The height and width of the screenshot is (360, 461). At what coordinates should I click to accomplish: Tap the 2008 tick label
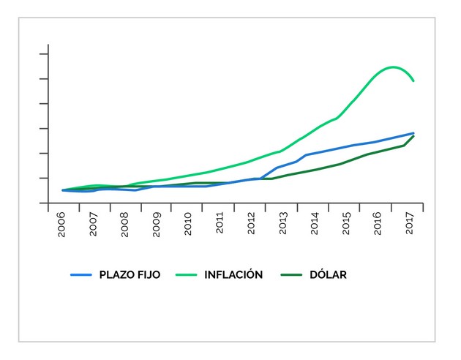pos(126,224)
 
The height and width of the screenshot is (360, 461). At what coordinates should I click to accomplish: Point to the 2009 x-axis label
pos(157,224)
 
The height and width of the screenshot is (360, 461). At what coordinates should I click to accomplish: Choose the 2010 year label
pos(189,224)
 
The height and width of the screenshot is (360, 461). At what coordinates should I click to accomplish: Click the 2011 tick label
pos(220,224)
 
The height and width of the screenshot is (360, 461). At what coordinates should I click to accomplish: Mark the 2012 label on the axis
pos(252,224)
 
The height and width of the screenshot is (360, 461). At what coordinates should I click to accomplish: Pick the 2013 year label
pos(283,224)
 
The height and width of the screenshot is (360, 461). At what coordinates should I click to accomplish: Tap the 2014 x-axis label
pos(315,224)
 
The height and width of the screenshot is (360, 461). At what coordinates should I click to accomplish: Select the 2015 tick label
pos(346,224)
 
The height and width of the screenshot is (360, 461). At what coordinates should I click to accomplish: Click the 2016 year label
pos(378,224)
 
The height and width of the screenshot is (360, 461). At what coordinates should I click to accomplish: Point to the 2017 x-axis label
pos(409,224)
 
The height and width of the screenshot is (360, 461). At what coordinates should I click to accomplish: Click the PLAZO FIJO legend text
pos(130,275)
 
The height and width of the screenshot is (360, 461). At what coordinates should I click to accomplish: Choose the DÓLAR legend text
pos(326,275)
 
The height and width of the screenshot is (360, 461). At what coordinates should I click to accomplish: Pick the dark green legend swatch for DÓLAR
pos(291,275)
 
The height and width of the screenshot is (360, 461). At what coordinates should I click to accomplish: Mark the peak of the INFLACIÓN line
pos(394,67)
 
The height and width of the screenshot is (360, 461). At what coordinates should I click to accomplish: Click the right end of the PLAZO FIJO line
pos(413,133)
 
